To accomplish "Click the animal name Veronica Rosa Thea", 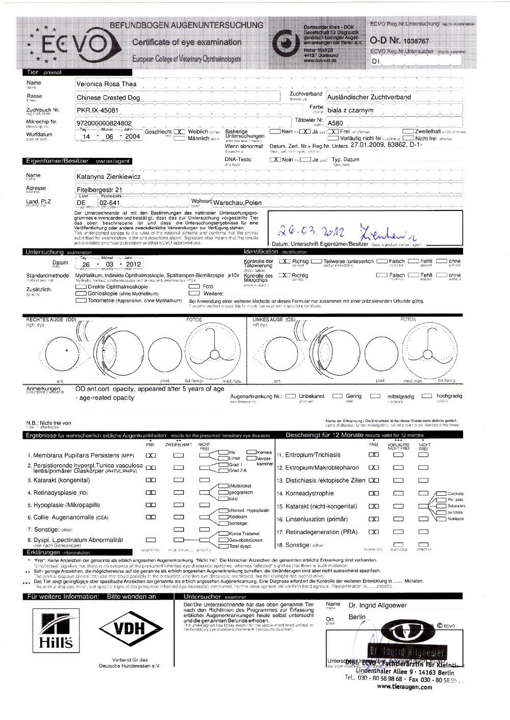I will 106,84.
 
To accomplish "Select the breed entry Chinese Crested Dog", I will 108,97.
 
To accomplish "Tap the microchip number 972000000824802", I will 104,123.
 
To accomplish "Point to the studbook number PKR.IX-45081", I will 97,110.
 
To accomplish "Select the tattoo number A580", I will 335,123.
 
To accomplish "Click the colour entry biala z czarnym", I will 350,110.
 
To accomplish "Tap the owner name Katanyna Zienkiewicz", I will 109,177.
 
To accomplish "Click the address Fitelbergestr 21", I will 99,190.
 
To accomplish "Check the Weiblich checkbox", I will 179,131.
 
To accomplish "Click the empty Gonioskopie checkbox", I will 81,294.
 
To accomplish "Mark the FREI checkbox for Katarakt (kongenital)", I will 150,480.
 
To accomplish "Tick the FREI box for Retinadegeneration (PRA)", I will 374,532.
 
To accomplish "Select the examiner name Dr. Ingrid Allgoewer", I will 377,606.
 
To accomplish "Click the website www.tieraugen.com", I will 404,686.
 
